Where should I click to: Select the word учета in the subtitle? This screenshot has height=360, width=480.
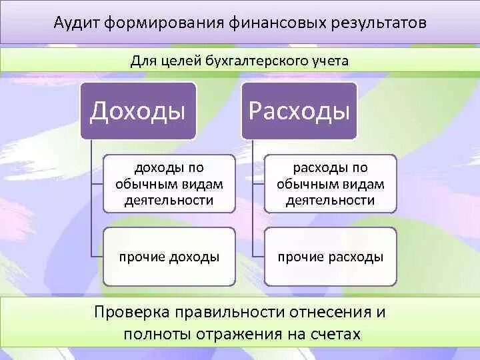(x=329, y=61)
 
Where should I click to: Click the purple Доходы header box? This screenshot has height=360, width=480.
(x=138, y=111)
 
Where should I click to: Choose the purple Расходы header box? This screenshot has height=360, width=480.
(x=299, y=111)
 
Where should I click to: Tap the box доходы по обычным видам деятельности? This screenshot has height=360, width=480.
(x=169, y=183)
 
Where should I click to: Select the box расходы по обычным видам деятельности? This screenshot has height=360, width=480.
(x=331, y=183)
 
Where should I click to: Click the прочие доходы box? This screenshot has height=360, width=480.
(x=169, y=257)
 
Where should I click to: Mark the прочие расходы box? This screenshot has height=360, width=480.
(x=331, y=257)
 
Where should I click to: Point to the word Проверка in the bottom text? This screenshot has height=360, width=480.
(x=131, y=312)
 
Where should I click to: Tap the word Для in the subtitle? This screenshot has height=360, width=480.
(x=142, y=61)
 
